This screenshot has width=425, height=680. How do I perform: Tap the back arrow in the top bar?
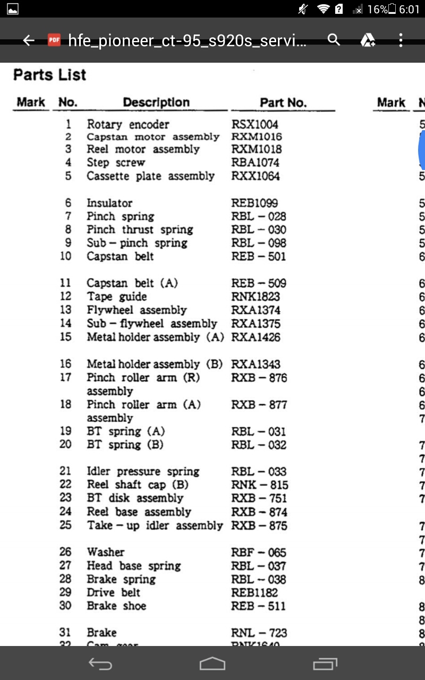[x=29, y=40]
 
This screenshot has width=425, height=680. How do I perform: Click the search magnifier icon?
[x=334, y=40]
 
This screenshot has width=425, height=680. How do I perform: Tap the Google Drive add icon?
[x=368, y=40]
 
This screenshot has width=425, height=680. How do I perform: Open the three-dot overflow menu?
[x=401, y=40]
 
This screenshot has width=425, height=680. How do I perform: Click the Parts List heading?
[x=49, y=75]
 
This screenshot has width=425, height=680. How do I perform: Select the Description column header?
[x=156, y=103]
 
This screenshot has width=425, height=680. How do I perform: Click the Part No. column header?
[x=283, y=103]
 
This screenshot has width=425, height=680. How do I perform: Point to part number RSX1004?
[x=255, y=124]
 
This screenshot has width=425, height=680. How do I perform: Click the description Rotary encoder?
[x=128, y=124]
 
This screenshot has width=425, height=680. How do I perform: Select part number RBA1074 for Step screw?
[x=256, y=163]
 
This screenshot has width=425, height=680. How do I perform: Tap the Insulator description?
[x=109, y=203]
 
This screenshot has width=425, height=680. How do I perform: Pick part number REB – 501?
[x=259, y=256]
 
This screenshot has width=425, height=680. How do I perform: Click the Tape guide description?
[x=117, y=296]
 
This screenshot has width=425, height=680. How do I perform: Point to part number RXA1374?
[x=256, y=310]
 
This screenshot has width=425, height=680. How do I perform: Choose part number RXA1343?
[x=256, y=364]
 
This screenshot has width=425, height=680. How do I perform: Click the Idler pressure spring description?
[x=143, y=471]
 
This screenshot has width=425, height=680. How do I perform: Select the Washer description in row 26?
[x=106, y=552]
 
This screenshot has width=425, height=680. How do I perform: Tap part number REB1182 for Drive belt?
[x=254, y=592]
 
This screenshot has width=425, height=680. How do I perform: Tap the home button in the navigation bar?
[x=212, y=664]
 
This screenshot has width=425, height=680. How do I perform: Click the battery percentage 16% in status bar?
[x=377, y=9]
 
